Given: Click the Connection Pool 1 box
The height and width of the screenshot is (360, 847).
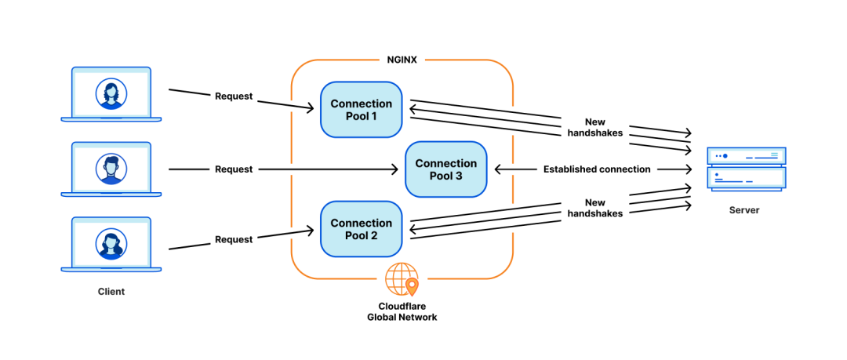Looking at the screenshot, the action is click(x=362, y=110).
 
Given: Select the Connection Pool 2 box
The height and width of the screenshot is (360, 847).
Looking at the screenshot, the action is click(x=362, y=229).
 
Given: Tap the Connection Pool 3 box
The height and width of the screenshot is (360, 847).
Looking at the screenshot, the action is click(x=446, y=169).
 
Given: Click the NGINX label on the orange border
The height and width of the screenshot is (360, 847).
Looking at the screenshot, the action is click(x=402, y=60).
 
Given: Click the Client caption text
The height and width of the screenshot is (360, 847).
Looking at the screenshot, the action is click(x=111, y=291).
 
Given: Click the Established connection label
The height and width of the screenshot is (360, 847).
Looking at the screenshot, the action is click(x=597, y=169).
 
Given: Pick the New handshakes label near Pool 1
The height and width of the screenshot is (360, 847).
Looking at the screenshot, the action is click(x=594, y=128).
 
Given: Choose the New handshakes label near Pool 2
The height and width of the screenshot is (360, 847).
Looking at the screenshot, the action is click(x=594, y=208).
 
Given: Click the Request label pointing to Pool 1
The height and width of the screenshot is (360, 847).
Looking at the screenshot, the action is click(x=234, y=96).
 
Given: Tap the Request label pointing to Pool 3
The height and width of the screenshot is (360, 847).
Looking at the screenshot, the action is click(x=234, y=169).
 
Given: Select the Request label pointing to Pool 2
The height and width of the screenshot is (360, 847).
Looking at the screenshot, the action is click(x=234, y=239).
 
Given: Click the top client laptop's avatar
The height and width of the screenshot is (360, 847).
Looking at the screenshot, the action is click(x=111, y=94).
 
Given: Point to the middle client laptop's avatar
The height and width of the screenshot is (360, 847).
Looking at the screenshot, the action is click(x=111, y=169).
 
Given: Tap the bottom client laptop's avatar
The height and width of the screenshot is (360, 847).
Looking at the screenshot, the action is click(x=111, y=243).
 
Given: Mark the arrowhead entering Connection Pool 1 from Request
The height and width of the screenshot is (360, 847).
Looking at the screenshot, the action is click(x=309, y=109).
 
